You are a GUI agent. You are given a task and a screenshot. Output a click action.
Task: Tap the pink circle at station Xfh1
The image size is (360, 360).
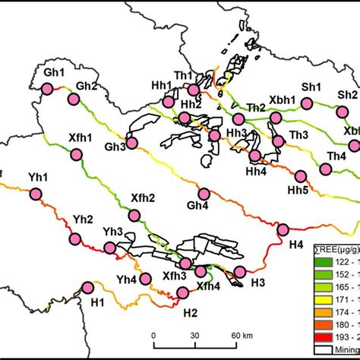point(76,155)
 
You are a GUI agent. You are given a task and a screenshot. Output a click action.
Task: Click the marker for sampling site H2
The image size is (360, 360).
point(182,293)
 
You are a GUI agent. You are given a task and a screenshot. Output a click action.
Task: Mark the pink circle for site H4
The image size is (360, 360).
point(283,230)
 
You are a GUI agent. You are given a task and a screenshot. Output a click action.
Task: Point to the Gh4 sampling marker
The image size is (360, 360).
point(204,193)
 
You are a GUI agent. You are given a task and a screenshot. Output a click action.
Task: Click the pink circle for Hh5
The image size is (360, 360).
point(302,175)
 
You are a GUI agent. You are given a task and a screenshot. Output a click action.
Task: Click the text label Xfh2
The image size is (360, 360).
point(143,198)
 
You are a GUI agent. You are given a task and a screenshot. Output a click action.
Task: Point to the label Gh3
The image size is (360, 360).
point(115,147)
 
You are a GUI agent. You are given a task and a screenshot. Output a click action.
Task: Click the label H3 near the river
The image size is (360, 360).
point(258,283)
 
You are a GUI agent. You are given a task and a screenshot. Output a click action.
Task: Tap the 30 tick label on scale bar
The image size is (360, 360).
point(195,335)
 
